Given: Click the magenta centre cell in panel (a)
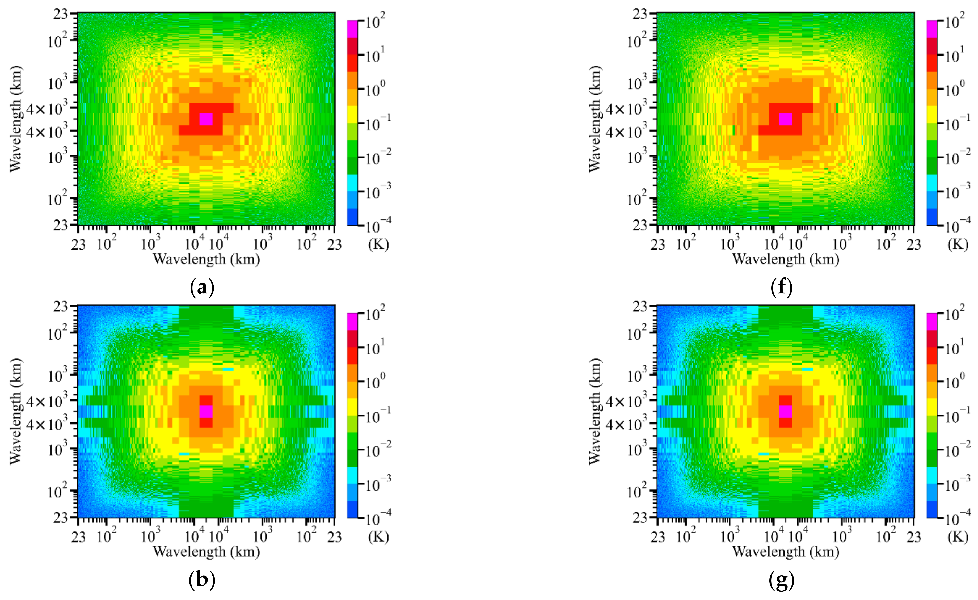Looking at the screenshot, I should tap(206, 119).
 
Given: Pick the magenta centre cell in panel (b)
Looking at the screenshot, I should tap(206, 412).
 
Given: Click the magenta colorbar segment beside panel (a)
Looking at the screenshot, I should tap(352, 29).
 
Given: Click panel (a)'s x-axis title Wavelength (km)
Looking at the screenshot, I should tap(206, 259).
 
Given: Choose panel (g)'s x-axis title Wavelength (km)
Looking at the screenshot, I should tap(786, 552).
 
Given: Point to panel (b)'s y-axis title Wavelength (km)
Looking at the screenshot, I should tap(15, 412).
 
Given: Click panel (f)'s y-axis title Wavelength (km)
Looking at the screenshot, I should tap(594, 119).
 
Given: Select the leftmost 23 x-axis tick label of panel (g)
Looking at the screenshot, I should tap(658, 537).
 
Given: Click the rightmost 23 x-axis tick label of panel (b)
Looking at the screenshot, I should tap(335, 537).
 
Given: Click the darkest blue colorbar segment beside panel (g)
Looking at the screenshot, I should tap(932, 510).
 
